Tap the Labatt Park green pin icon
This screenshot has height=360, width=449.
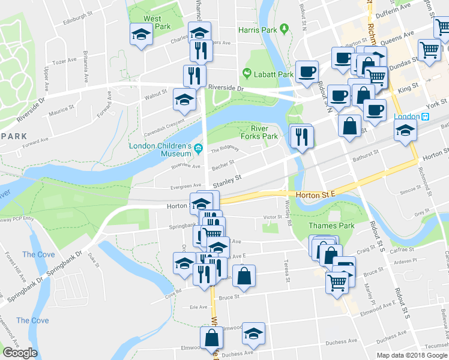246,74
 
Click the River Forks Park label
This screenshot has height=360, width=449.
264,132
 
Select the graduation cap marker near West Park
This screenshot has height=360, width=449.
141,35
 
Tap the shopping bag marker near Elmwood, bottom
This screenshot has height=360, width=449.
212,338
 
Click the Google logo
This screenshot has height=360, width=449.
20,352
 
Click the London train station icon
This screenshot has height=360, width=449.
427,116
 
